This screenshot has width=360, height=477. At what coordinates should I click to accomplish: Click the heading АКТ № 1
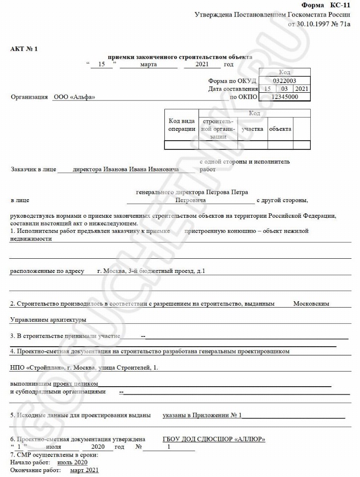tap(24, 49)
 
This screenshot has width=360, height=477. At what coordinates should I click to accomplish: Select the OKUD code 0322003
tap(285, 81)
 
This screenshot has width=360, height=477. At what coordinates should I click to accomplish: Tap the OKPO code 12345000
tap(285, 97)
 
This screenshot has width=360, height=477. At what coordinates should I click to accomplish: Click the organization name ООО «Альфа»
tap(74, 97)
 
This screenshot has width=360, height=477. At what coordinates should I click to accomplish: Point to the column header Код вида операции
tap(182, 125)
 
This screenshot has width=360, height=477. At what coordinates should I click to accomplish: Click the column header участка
tap(252, 129)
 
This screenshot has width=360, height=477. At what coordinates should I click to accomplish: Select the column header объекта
tap(280, 129)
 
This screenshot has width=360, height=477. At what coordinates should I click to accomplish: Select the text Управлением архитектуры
tap(48, 320)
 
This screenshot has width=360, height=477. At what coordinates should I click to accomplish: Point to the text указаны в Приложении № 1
tap(202, 415)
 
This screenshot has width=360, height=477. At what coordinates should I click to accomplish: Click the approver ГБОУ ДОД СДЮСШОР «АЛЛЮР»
tap(214, 439)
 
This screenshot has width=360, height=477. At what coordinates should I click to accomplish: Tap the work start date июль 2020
tap(72, 462)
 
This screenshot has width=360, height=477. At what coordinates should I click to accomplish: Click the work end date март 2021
tap(84, 470)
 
